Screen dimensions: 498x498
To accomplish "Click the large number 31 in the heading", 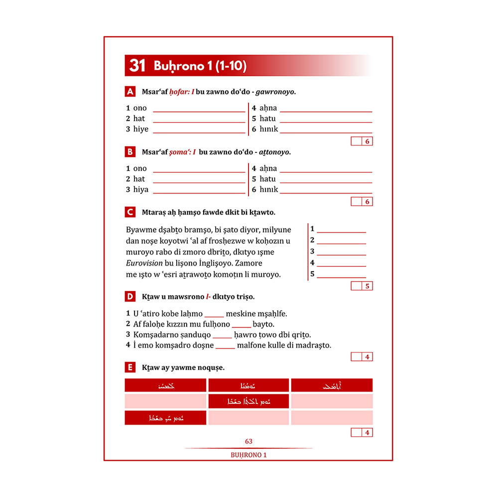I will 137,66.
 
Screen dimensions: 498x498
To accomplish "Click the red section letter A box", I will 130,92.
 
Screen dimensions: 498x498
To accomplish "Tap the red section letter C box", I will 130,212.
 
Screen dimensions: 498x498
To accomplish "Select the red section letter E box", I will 130,368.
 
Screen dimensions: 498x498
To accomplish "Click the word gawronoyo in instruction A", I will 275,92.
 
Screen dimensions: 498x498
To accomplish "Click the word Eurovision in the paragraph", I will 144,263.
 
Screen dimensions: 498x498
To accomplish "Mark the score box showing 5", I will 367,286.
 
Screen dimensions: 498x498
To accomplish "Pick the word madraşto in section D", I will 313,345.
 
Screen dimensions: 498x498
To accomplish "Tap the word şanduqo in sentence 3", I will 197,335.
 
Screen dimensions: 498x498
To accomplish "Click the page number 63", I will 249,441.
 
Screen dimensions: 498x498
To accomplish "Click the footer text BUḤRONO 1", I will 249,455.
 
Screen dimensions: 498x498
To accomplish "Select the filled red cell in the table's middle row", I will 249,401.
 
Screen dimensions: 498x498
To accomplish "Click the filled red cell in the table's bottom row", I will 165,418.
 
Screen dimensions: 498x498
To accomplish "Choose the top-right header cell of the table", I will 332,385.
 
